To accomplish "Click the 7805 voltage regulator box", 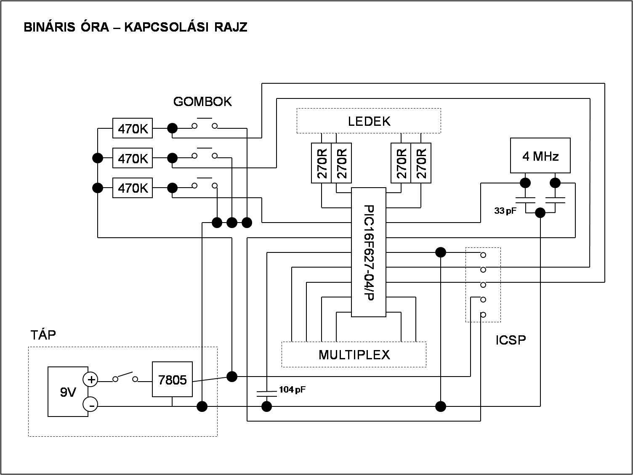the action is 172,379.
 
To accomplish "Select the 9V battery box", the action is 68,391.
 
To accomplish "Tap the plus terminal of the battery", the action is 90,379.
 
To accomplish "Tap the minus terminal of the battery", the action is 90,405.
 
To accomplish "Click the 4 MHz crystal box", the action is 540,155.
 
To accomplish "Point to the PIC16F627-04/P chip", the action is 369,252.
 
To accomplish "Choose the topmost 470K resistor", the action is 133,128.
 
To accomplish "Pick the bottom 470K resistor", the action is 133,188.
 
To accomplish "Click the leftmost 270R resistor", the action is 322,163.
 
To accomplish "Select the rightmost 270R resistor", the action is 421,163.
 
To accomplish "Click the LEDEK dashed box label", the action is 369,121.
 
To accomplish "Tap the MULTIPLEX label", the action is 354,355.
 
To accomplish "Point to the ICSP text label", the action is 511,340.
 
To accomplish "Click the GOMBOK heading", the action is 202,102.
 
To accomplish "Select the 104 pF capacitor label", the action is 292,390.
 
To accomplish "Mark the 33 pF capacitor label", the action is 505,211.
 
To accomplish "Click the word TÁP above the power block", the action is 43,334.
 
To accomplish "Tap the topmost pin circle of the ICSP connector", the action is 483,255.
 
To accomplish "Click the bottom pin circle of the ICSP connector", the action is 483,315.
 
